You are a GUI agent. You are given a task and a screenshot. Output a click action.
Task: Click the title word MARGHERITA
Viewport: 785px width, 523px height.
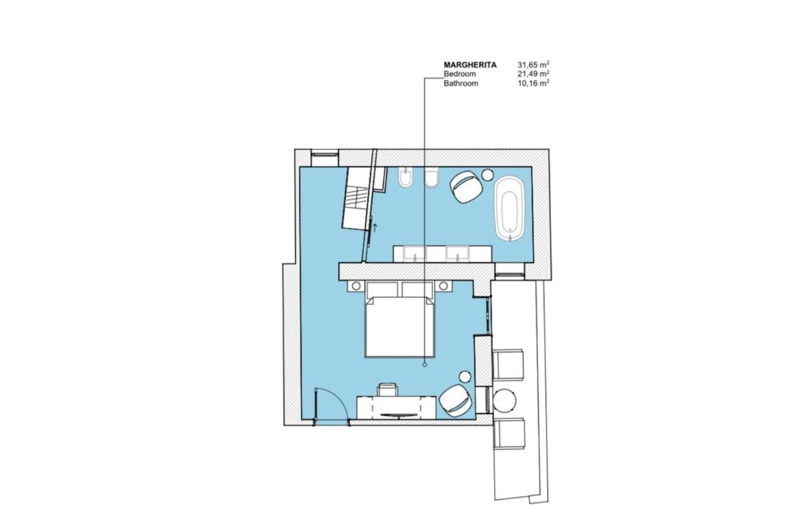pyautogui.click(x=470, y=65)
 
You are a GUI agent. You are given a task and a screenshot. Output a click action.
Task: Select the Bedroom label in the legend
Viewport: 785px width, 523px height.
pyautogui.click(x=459, y=74)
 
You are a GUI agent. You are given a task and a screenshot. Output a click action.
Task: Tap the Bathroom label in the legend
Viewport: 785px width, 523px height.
pyautogui.click(x=461, y=84)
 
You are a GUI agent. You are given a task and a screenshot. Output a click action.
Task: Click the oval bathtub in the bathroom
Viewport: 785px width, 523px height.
pyautogui.click(x=510, y=208)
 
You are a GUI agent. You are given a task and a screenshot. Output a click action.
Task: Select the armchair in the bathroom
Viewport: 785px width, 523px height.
pyautogui.click(x=467, y=187)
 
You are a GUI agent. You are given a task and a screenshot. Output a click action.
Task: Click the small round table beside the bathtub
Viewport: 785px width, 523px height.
pyautogui.click(x=488, y=174)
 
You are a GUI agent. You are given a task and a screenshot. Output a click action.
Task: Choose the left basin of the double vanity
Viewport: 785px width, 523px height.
pyautogui.click(x=415, y=254)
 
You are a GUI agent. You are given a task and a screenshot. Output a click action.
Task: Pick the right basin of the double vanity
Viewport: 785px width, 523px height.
pyautogui.click(x=458, y=254)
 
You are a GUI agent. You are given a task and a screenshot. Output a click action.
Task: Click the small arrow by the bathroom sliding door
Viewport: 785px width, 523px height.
pyautogui.click(x=375, y=228)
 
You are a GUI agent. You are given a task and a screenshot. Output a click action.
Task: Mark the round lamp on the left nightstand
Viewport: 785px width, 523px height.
pyautogui.click(x=356, y=285)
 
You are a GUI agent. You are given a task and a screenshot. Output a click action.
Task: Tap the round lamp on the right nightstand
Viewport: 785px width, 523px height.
pyautogui.click(x=443, y=285)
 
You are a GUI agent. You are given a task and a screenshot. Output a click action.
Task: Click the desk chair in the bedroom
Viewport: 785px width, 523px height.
pyautogui.click(x=388, y=389)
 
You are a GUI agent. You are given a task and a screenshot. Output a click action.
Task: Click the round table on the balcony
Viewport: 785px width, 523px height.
pyautogui.click(x=504, y=400)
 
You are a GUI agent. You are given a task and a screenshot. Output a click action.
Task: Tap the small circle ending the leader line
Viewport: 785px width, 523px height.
pyautogui.click(x=424, y=365)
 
